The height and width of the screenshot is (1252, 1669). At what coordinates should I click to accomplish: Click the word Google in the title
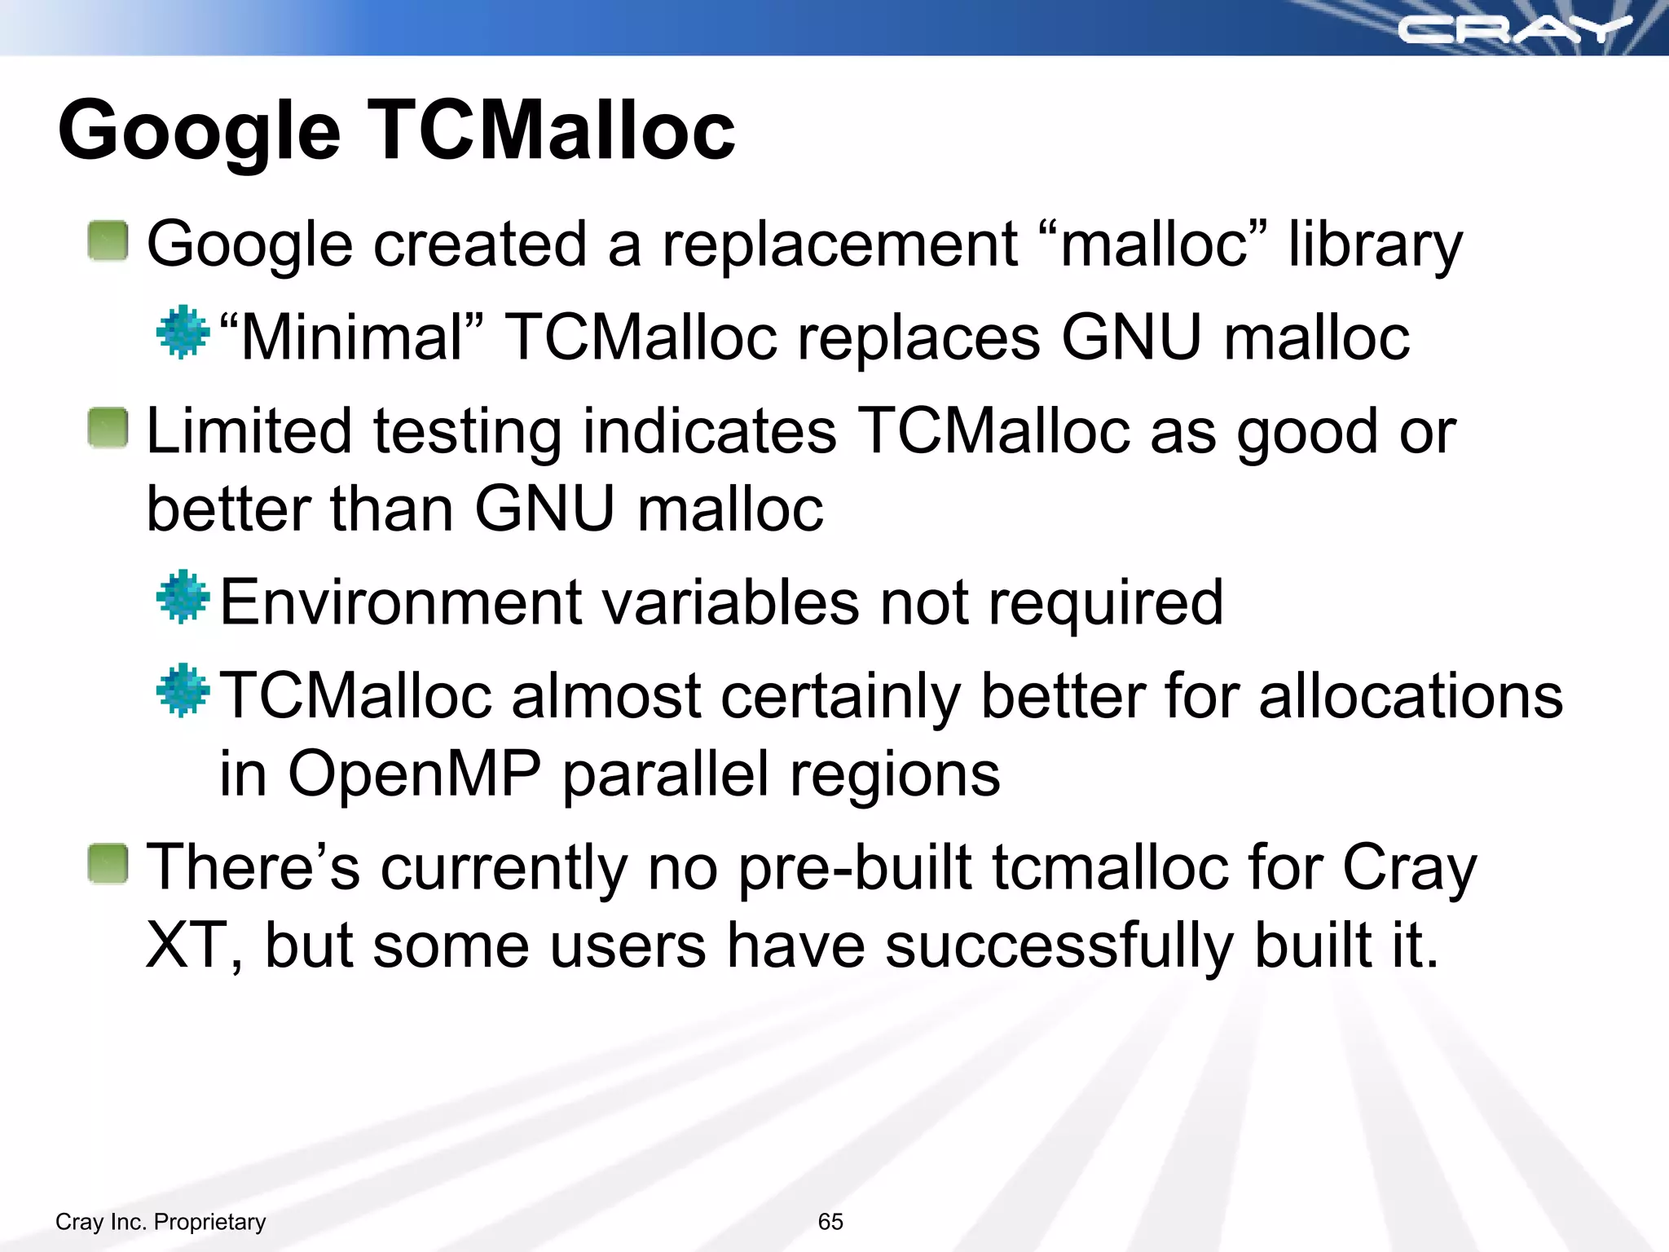point(199,130)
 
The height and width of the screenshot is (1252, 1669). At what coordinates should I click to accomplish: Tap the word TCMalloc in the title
point(553,130)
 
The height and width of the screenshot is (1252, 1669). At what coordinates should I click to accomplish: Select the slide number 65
point(830,1221)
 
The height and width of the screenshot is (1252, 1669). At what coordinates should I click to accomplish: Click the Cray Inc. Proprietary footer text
point(161,1221)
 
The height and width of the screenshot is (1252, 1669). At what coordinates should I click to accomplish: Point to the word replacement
point(839,245)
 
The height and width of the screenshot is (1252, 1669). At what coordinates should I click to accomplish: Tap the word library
point(1375,245)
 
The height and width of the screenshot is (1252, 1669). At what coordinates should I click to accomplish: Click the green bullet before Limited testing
point(108,428)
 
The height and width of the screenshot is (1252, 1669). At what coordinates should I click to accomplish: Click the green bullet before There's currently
point(108,864)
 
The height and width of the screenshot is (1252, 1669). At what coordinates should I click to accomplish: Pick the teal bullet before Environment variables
point(183,597)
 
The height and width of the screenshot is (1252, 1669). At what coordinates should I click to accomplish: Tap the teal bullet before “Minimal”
point(183,332)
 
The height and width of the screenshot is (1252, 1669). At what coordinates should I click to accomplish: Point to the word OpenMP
point(414,773)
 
